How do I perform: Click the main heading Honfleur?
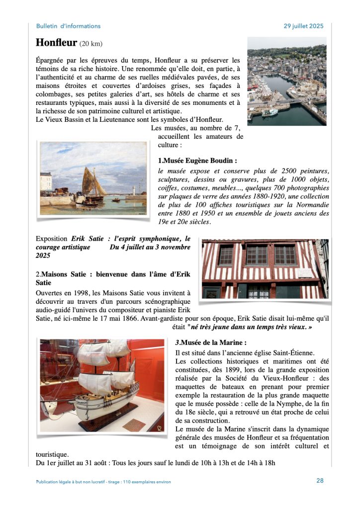pos(56,43)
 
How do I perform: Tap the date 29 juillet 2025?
pos(303,26)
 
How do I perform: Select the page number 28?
pos(320,480)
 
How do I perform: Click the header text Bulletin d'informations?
pos(68,26)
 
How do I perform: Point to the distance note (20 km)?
pos(91,44)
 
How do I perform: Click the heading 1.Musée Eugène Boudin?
pos(197,161)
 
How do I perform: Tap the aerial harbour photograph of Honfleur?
pos(287,81)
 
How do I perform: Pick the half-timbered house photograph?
pos(265,268)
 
